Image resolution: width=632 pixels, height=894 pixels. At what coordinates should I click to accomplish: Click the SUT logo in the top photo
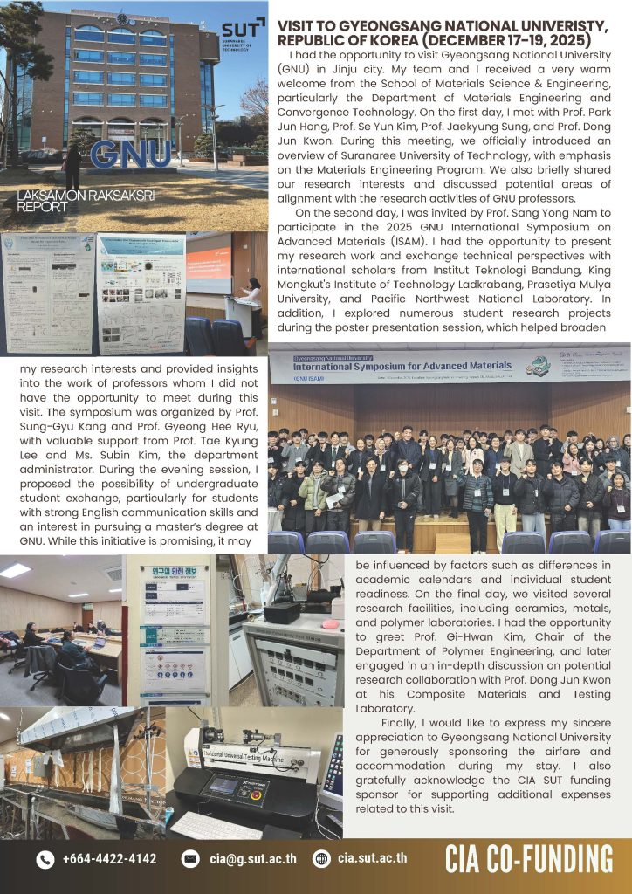[x=243, y=34]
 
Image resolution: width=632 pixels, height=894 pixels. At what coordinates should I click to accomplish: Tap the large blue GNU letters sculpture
[x=130, y=154]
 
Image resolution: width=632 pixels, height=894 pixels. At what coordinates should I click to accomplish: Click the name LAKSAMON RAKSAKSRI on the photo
[x=85, y=196]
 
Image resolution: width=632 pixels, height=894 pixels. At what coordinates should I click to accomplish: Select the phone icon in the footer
[x=45, y=859]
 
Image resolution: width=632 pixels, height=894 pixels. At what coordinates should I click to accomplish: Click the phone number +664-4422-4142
[x=109, y=859]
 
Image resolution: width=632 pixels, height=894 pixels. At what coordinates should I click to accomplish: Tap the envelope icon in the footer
[x=189, y=859]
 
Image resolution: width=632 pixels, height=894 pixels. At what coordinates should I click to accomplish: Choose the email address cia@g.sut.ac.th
[x=253, y=859]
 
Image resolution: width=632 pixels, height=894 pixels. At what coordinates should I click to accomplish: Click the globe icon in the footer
[x=321, y=859]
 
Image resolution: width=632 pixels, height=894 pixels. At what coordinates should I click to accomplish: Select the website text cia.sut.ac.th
[x=372, y=859]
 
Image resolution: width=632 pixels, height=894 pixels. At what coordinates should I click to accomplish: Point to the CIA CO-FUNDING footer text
[x=529, y=859]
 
